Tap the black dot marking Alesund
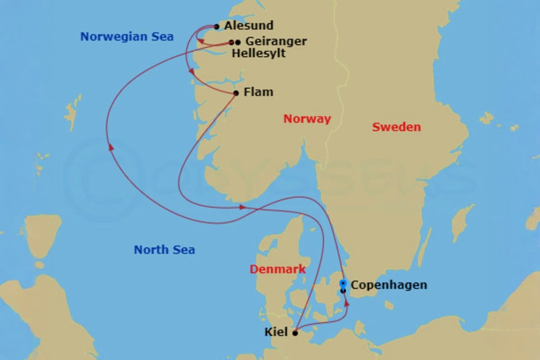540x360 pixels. coord(217,27)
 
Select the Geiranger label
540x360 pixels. coord(276,41)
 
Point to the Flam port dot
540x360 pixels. coord(236,93)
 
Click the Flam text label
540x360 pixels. coord(258,92)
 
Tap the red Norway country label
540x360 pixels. coord(307,119)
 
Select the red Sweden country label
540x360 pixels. coord(396,127)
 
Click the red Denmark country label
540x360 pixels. coord(278,270)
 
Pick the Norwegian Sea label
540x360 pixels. coord(127,37)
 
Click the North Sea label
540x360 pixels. coord(164,250)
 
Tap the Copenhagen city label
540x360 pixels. coord(389,285)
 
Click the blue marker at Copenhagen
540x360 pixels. coord(343,283)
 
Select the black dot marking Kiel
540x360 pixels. coord(295,333)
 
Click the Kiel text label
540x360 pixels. coord(276,333)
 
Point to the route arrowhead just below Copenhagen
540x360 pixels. coord(346,304)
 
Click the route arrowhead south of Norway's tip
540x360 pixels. coord(243,207)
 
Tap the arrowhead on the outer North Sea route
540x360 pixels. coord(110,147)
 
